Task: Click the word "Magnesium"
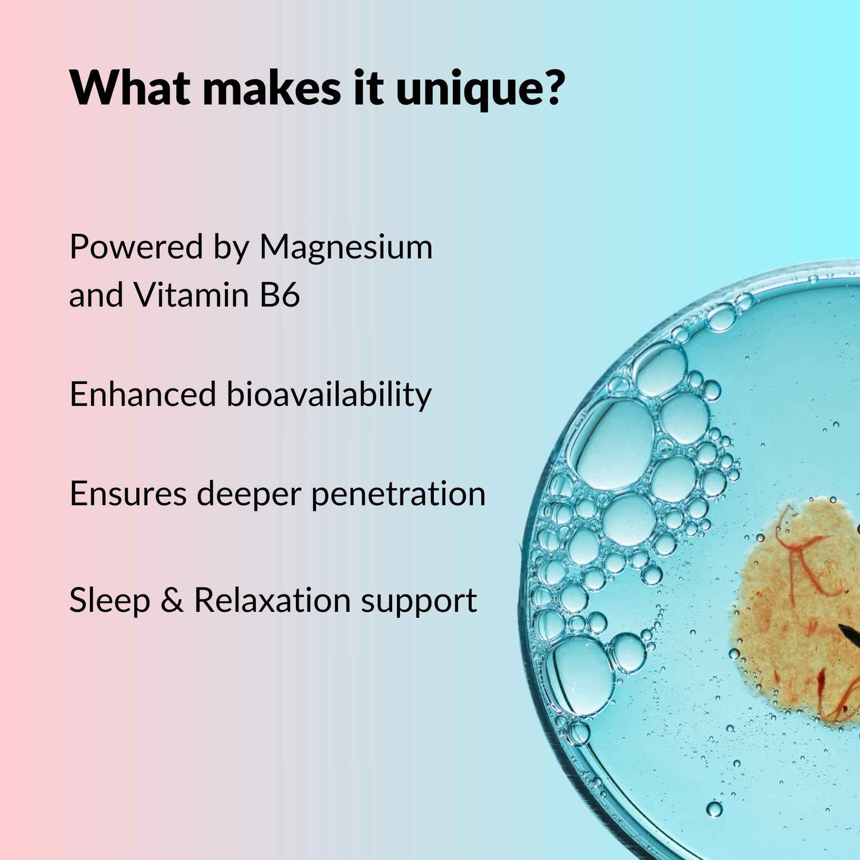click(x=346, y=248)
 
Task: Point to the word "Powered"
click(x=136, y=247)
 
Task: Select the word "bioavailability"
click(x=329, y=395)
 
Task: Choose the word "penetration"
click(x=399, y=495)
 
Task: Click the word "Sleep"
click(x=110, y=601)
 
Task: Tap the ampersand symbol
click(x=172, y=601)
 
